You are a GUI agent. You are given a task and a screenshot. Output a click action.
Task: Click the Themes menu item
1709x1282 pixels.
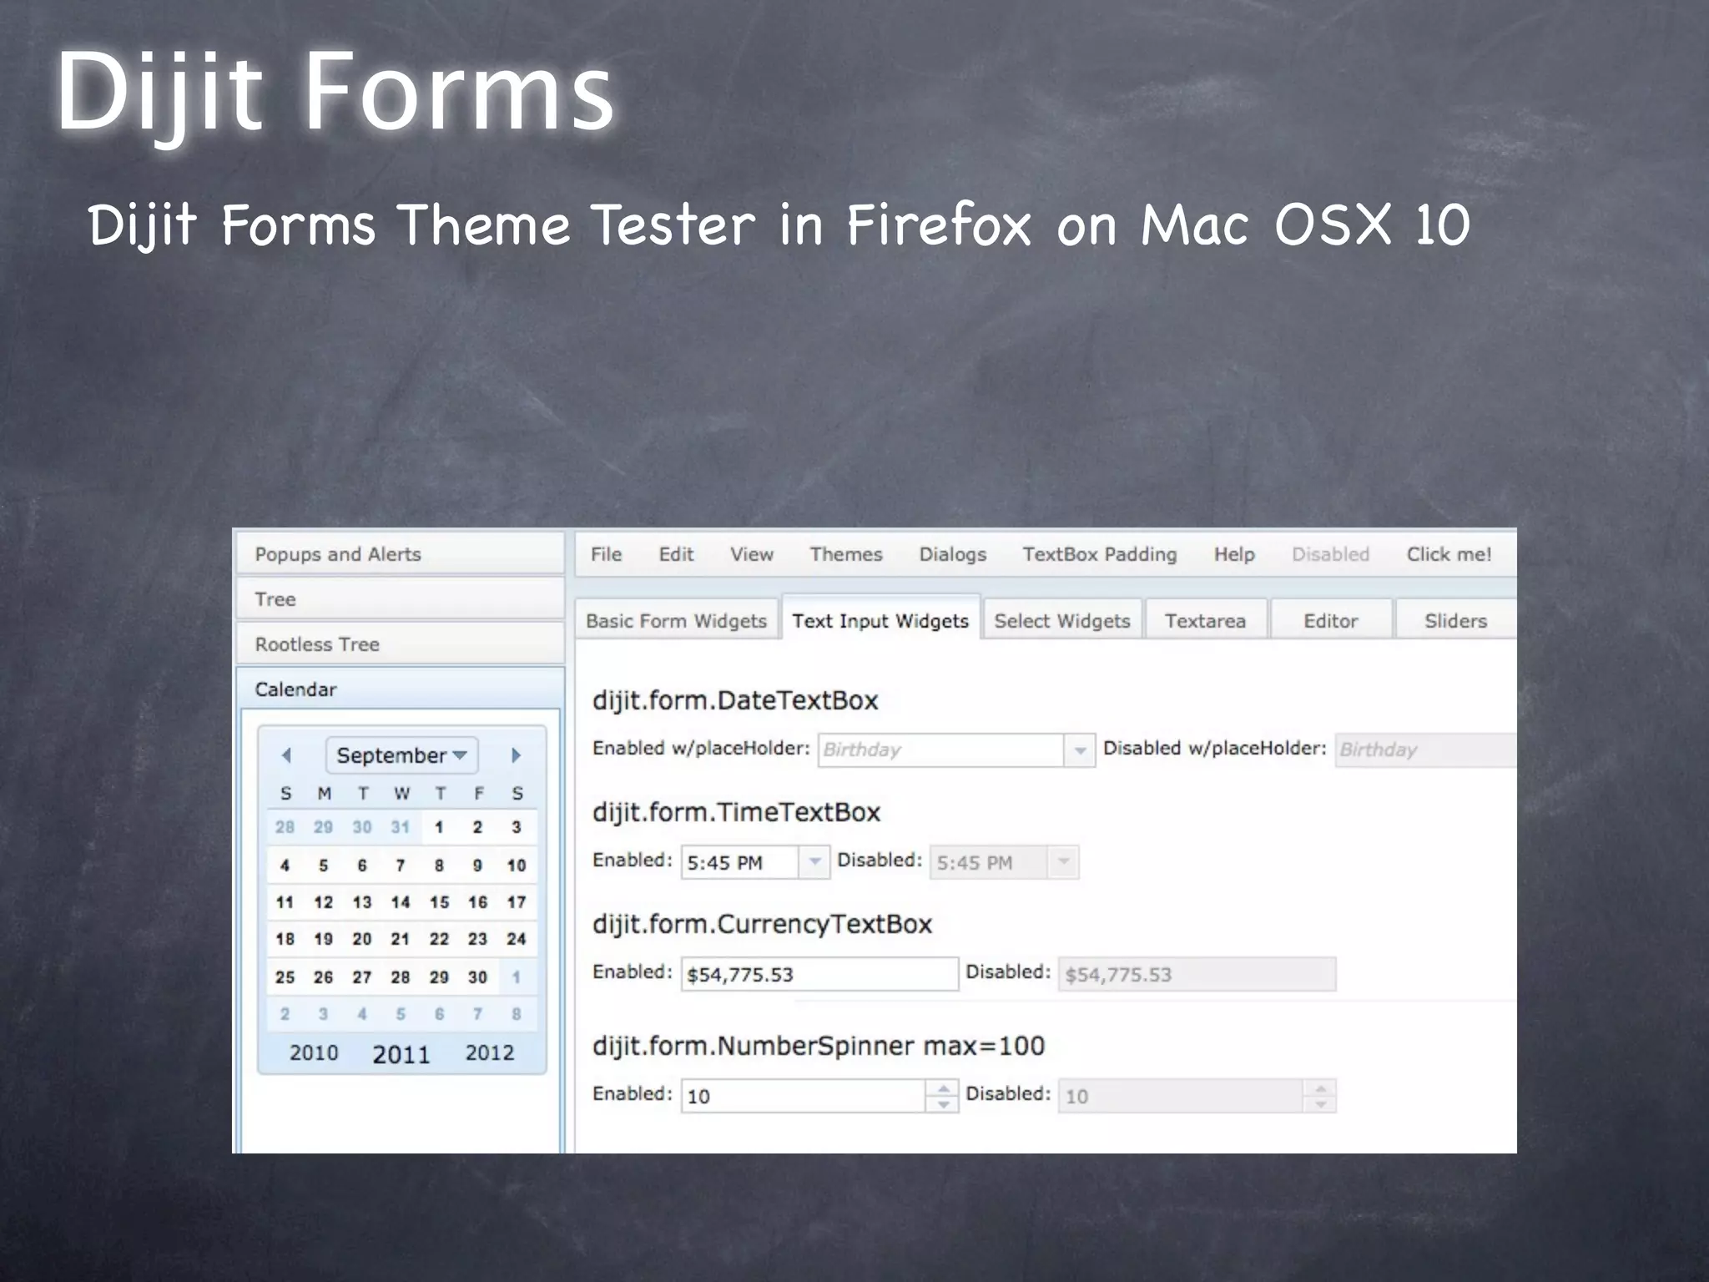845,554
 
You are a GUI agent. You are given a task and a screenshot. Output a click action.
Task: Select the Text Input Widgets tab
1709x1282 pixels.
880,621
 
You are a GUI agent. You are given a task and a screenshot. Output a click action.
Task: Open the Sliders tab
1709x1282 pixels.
1454,621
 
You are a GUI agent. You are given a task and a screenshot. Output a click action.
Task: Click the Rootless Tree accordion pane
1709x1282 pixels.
317,644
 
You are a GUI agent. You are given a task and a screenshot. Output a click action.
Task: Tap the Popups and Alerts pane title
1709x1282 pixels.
338,554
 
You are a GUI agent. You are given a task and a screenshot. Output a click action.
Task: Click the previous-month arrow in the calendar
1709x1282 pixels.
286,755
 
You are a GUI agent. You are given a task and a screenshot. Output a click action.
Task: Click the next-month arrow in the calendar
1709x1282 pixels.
516,755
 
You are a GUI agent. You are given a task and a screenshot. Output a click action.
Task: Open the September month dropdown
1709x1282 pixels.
401,755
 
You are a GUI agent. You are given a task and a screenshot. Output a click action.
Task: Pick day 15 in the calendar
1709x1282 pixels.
439,902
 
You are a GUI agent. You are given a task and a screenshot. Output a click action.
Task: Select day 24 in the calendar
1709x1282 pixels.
516,939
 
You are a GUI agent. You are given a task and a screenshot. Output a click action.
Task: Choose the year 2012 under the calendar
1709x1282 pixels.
489,1052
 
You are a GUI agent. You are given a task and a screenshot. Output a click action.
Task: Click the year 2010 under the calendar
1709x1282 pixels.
314,1052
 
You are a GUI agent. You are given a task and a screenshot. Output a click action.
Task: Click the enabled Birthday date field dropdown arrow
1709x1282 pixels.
1080,750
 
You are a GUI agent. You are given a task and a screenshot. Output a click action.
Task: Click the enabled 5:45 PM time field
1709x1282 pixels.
739,863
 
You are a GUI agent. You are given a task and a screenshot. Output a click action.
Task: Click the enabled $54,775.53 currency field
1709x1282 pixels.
818,974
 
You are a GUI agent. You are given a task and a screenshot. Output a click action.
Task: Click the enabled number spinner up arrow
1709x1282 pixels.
943,1088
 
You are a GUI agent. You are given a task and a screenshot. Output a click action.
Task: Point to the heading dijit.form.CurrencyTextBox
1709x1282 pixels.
762,924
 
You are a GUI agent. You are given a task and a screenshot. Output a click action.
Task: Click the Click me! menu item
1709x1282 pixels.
1449,554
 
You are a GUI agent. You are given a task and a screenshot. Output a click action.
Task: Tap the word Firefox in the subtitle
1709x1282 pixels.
939,225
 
